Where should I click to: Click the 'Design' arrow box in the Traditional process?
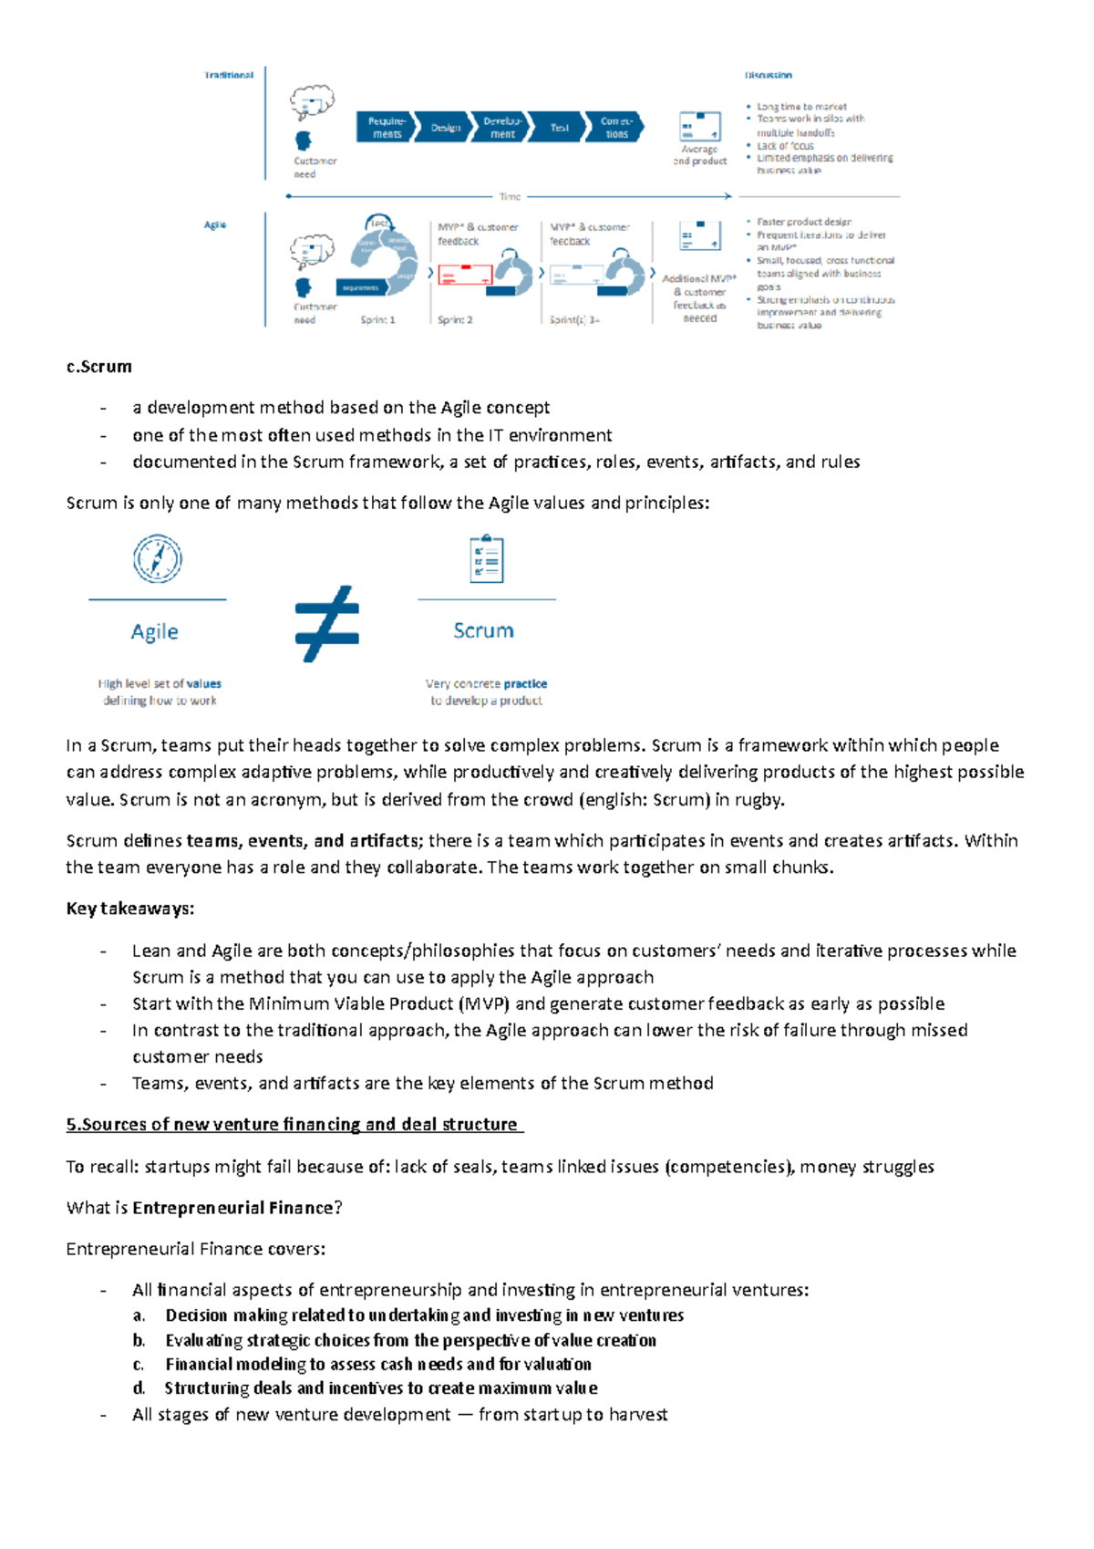(445, 128)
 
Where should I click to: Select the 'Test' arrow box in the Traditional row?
(559, 128)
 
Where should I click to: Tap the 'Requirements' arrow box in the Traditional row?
(387, 128)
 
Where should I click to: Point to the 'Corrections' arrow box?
(617, 128)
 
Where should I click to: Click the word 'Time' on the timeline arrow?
(510, 196)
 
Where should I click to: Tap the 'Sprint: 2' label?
(455, 320)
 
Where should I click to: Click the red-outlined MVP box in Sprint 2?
(465, 275)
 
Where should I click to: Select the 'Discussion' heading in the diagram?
(768, 75)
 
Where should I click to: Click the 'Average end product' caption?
(699, 155)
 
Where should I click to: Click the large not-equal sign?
(326, 623)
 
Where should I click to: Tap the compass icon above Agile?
(158, 558)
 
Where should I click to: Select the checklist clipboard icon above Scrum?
(486, 559)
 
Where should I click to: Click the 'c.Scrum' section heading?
(99, 367)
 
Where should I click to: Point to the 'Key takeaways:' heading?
(129, 909)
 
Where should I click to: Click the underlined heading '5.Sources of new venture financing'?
(294, 1125)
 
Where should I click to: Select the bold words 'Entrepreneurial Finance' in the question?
(232, 1208)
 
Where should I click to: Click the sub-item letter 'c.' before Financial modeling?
(139, 1365)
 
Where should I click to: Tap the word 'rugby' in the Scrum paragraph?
(759, 800)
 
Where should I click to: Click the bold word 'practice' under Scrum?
(525, 683)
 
